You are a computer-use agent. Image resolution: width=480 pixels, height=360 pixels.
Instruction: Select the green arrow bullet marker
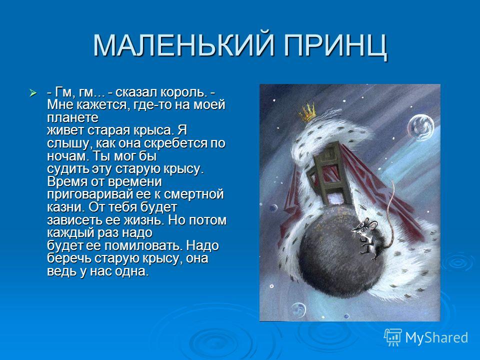point(33,92)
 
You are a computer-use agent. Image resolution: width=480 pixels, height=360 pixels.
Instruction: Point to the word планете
point(73,118)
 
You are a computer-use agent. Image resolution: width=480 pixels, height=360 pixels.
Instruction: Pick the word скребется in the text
point(175,144)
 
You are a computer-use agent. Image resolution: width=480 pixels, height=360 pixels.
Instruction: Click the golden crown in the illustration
point(307,112)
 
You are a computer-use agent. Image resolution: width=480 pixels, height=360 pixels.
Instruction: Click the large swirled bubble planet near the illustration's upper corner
point(420,127)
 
